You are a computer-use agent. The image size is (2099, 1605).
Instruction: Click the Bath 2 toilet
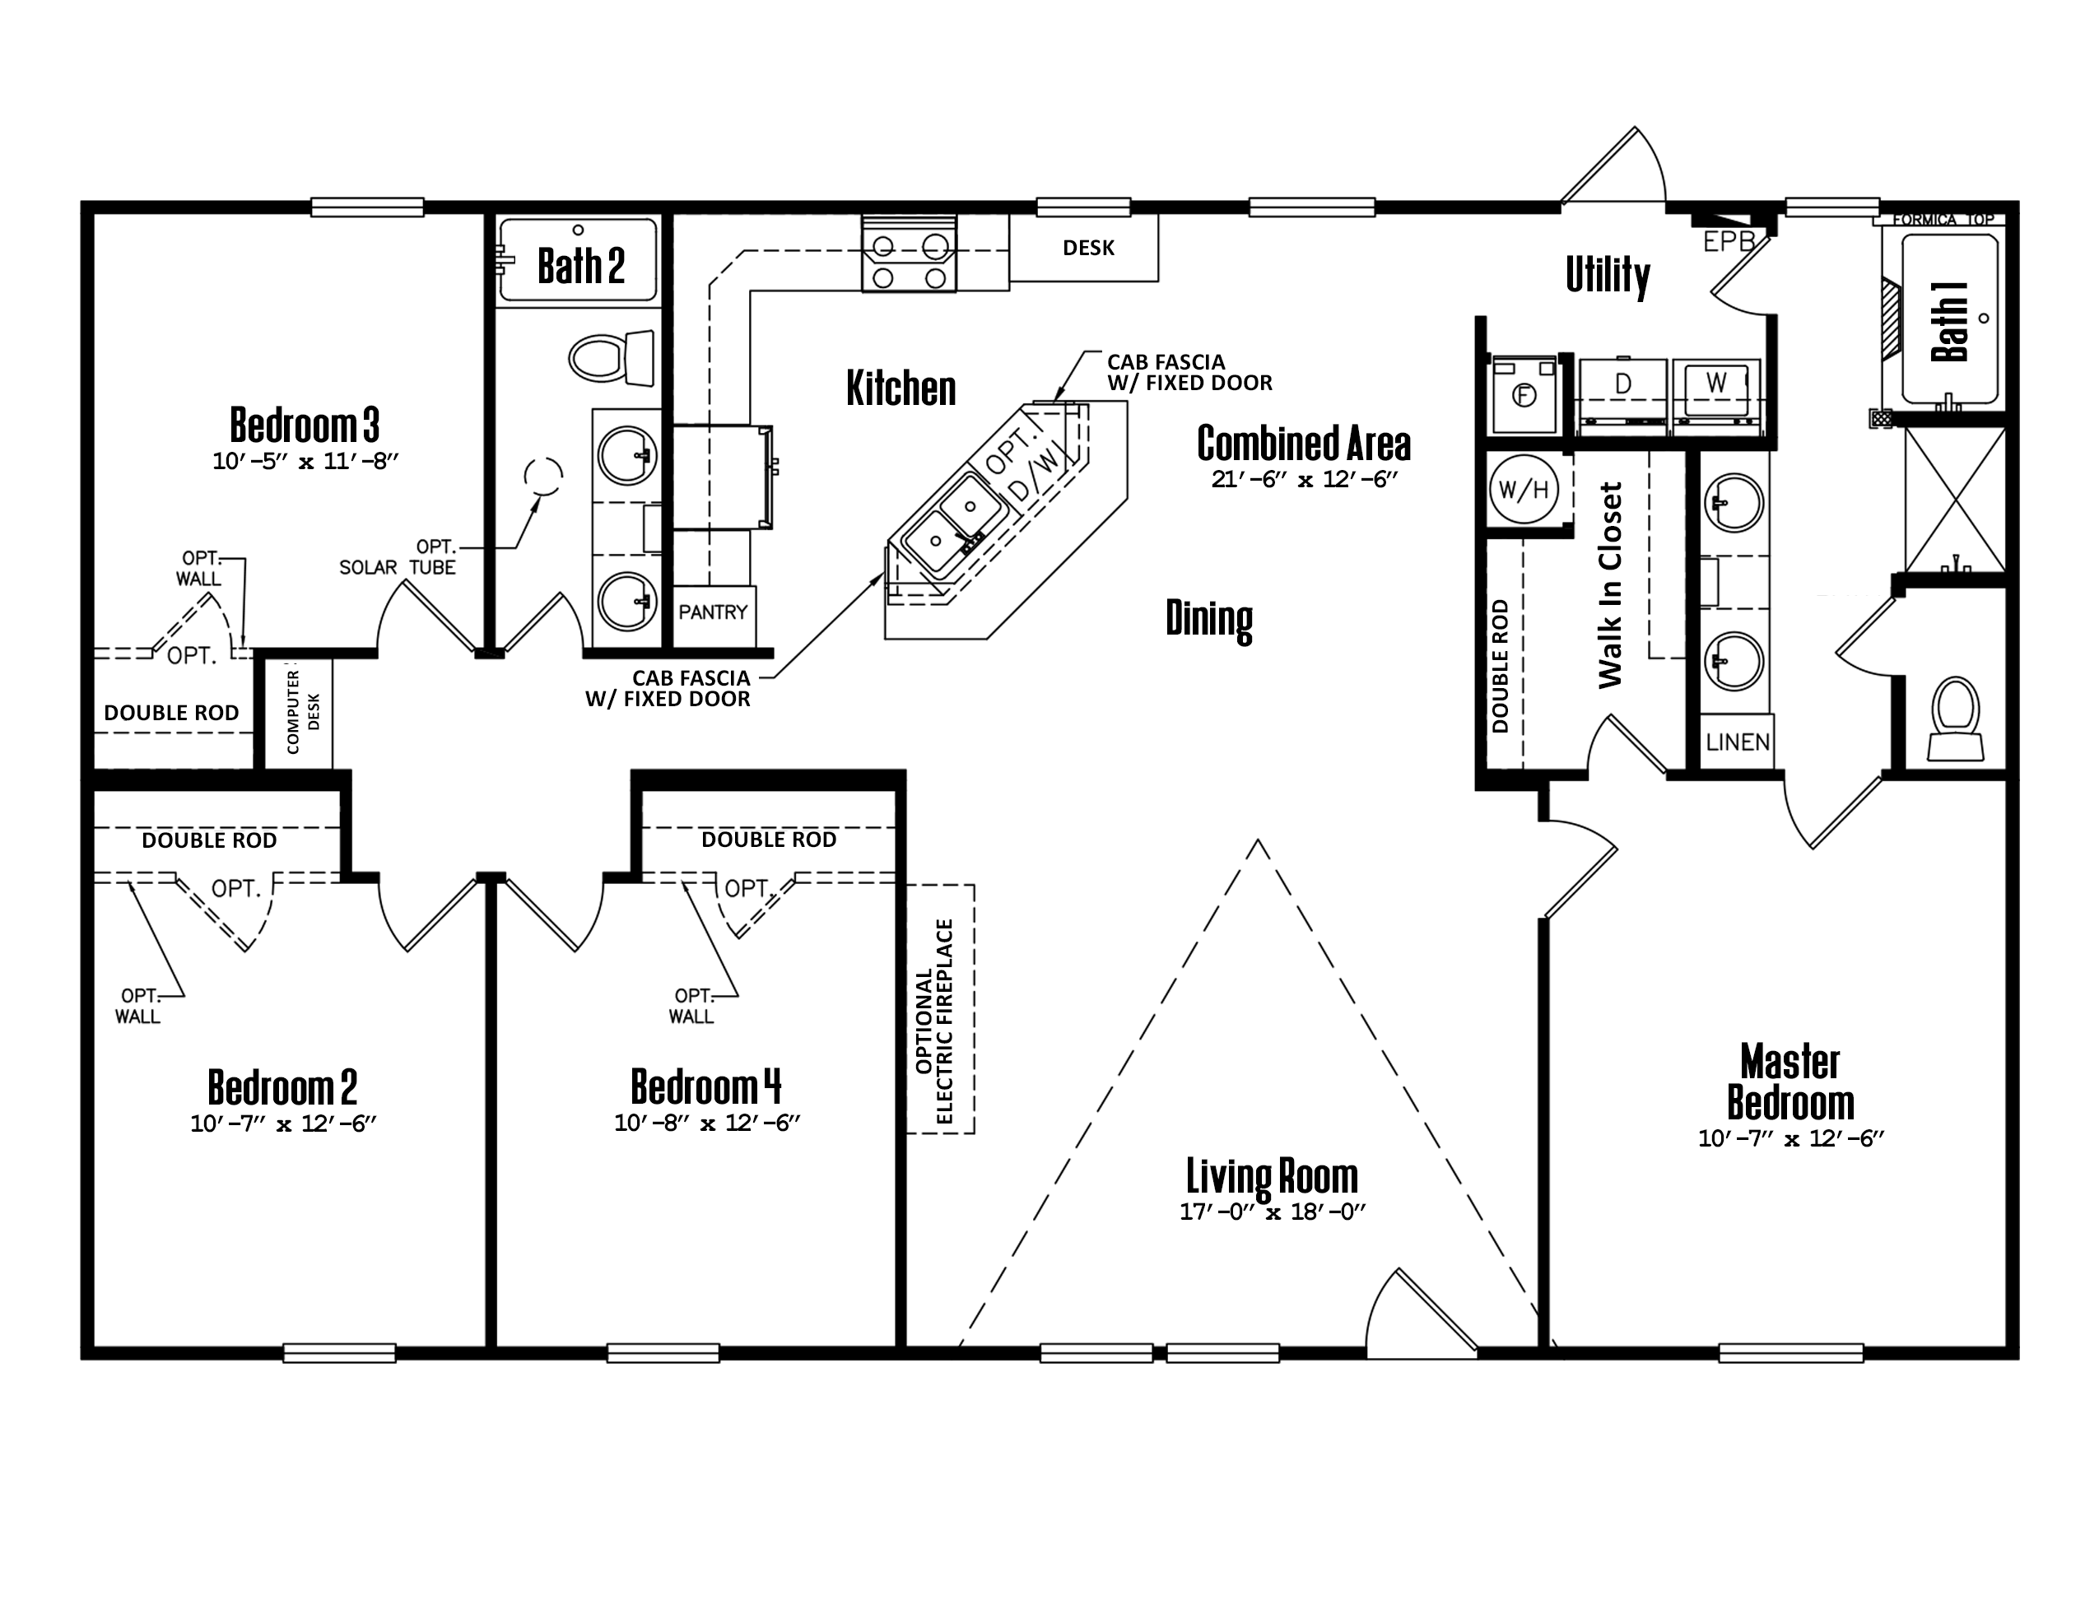612,359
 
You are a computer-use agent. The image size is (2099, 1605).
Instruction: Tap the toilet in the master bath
1955,719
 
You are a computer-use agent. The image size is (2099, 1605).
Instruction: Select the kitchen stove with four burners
908,251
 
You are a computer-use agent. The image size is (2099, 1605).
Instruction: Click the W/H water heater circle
1523,489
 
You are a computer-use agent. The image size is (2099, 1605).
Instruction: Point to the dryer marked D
1622,391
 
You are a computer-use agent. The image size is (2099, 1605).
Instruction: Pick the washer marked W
1716,391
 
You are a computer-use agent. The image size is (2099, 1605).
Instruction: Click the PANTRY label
713,612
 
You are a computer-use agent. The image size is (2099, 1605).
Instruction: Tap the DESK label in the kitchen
1088,248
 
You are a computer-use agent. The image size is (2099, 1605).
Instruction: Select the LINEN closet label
1738,742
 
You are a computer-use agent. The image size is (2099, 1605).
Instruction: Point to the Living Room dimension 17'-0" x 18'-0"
1272,1212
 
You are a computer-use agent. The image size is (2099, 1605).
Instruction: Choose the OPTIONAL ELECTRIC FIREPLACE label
934,1021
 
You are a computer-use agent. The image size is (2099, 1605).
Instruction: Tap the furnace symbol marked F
1524,393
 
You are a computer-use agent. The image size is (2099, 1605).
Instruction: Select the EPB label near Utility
1729,242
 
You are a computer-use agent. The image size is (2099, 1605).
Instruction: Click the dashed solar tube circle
543,476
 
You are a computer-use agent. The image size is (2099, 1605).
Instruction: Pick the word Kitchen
901,388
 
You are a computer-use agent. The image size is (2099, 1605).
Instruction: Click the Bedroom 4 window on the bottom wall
663,1353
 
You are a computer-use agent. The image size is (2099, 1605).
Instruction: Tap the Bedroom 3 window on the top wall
368,207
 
